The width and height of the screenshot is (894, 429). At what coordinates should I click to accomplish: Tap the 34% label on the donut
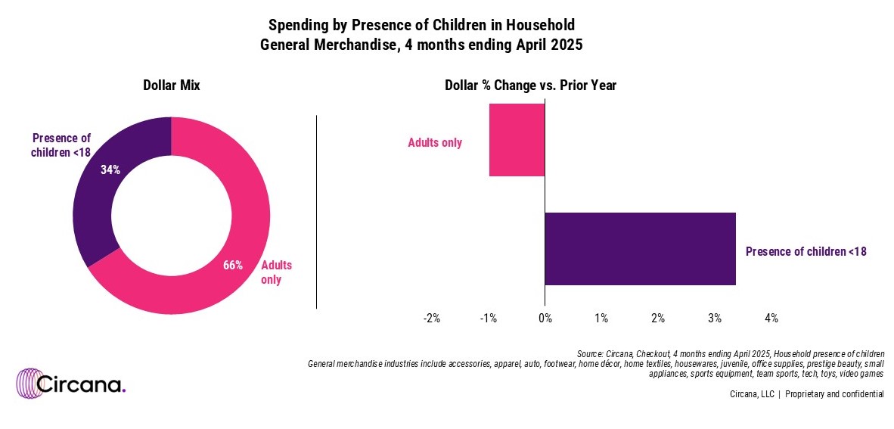[110, 170]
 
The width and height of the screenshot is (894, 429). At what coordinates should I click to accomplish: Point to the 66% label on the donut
[232, 265]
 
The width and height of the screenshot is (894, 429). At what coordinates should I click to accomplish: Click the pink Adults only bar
[517, 140]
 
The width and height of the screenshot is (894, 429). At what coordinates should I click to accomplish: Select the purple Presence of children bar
[640, 249]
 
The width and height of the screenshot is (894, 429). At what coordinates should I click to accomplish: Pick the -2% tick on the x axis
[431, 319]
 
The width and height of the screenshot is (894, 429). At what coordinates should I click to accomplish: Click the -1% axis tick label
[488, 319]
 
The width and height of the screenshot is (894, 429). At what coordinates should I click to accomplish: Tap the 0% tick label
[545, 319]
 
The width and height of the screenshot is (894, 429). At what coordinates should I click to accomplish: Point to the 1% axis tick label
[601, 319]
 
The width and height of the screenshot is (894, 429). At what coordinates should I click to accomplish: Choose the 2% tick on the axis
[658, 319]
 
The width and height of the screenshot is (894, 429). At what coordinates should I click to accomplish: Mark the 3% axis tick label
[715, 319]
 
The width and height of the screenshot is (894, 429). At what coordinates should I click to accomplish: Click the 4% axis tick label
[771, 319]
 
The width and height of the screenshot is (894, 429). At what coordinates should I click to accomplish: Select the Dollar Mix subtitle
[172, 86]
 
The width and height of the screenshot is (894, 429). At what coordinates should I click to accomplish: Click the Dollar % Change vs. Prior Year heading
[530, 86]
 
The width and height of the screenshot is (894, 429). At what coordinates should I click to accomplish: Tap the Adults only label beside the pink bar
[435, 142]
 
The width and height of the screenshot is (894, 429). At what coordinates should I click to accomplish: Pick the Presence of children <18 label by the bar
[806, 251]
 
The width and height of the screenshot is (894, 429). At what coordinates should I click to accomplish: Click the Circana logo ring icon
[33, 384]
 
